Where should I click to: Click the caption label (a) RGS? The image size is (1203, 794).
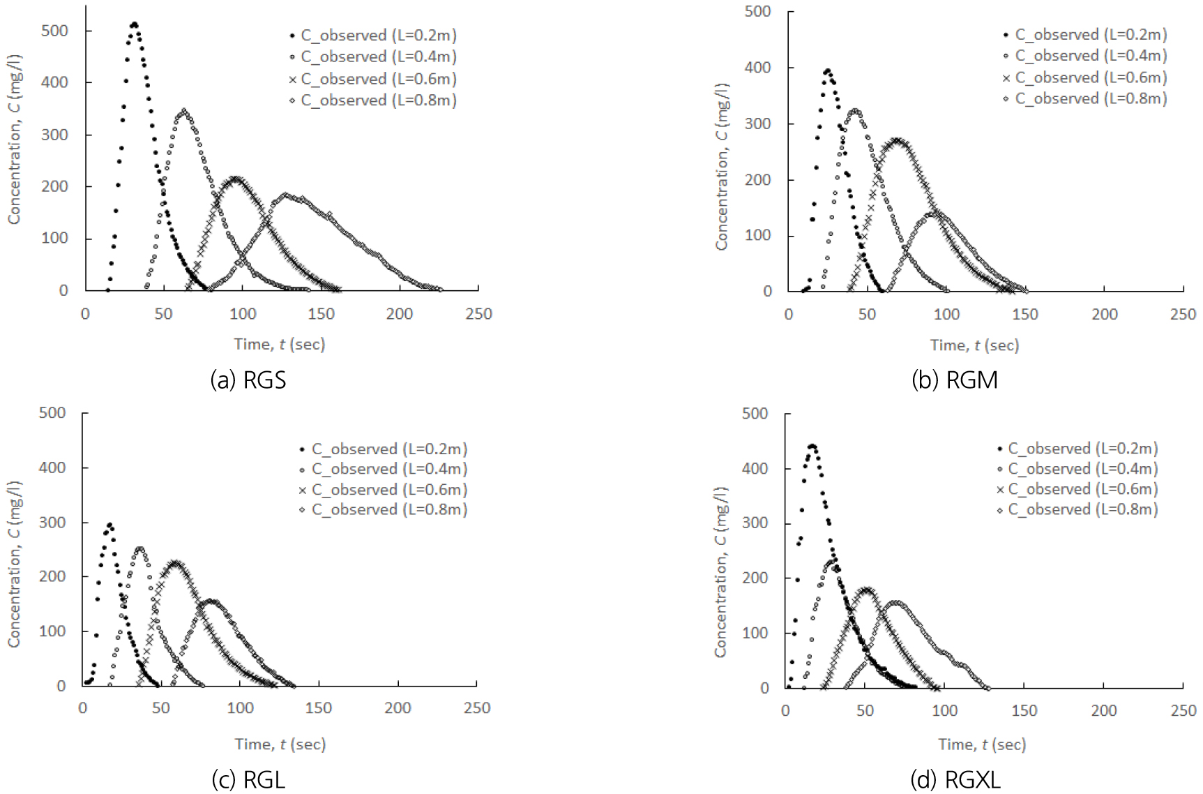(x=248, y=380)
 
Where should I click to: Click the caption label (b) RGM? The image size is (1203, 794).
(x=955, y=380)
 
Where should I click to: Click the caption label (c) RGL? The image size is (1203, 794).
(x=248, y=779)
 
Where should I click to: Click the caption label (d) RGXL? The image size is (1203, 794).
(x=955, y=779)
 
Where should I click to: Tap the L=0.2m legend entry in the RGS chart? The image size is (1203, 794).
(x=373, y=36)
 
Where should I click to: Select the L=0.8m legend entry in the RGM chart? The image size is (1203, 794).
(x=1085, y=98)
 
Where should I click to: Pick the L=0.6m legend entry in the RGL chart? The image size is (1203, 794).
(x=383, y=489)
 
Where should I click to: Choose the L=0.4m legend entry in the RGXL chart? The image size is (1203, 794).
(x=1077, y=469)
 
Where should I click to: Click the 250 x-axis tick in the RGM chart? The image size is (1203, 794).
(x=1183, y=315)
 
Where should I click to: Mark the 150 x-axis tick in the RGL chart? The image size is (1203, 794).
(x=319, y=708)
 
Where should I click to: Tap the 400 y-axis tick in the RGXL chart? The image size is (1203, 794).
(x=755, y=469)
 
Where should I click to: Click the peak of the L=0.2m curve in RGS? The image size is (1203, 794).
(x=134, y=24)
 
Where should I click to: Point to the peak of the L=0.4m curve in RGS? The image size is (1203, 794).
(x=184, y=110)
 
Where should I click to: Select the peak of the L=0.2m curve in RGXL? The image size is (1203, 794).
(x=812, y=446)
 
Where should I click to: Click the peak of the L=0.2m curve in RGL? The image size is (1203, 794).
(x=109, y=524)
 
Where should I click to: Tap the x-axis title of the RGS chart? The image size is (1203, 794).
(x=280, y=344)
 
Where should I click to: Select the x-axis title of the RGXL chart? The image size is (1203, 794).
(x=982, y=744)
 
